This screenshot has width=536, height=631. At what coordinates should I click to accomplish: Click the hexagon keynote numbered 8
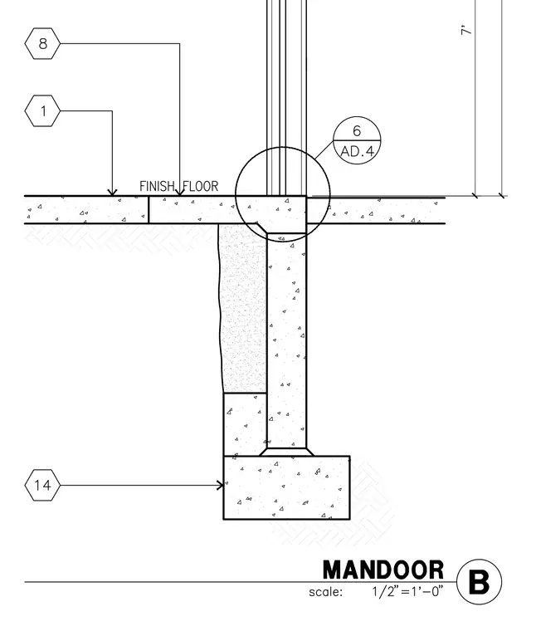point(42,43)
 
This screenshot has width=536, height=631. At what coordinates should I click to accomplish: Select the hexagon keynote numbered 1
point(42,110)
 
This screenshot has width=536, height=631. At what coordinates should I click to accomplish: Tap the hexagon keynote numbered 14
point(42,485)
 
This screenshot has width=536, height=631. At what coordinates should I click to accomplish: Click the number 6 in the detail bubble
point(357,131)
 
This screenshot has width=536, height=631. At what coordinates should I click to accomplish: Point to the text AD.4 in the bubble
point(357,152)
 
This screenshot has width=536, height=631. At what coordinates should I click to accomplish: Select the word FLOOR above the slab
point(201,186)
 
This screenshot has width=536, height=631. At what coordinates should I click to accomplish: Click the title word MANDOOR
point(383,570)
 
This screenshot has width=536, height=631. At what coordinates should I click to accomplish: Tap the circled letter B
point(480,582)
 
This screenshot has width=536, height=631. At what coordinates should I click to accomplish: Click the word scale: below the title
point(326,592)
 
